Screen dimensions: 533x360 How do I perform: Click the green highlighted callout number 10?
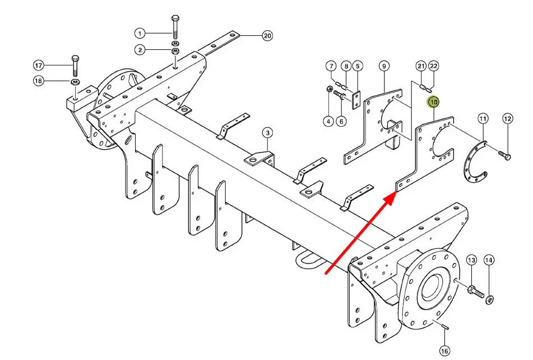point(433,102)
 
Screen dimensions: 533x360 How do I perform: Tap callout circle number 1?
point(140,33)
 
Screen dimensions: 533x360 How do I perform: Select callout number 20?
point(267,36)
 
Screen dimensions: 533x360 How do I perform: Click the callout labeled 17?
point(39,65)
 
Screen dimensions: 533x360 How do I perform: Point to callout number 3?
point(267,132)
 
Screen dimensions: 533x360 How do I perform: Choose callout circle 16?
point(444,350)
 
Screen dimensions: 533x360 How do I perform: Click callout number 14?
point(489,260)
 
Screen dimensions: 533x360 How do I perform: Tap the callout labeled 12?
point(508,119)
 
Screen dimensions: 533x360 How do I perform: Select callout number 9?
point(384,66)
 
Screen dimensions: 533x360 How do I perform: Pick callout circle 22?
point(433,66)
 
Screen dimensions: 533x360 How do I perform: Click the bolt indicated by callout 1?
point(175,27)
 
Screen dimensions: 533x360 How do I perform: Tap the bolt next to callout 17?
point(76,65)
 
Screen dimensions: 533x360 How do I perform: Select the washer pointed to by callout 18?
point(75,81)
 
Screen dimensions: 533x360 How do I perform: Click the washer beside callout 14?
point(489,299)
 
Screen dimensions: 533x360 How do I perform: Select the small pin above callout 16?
point(446,327)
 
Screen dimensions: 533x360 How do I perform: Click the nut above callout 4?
point(329,89)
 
